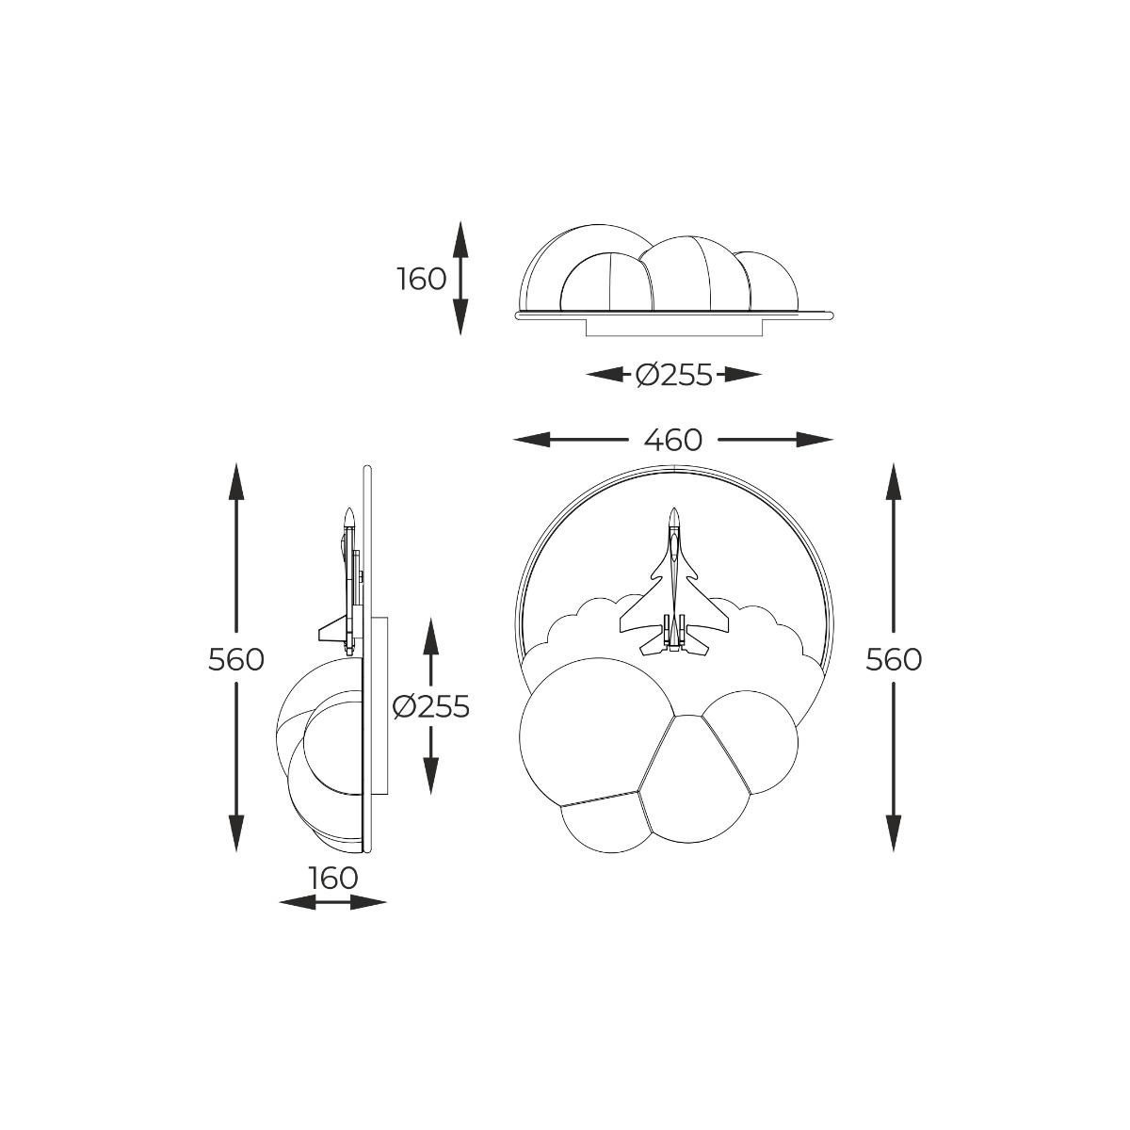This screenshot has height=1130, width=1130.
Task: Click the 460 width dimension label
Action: pos(672,439)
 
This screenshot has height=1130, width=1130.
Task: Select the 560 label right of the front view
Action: pos(893,660)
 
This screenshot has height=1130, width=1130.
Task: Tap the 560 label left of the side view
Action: pos(235,660)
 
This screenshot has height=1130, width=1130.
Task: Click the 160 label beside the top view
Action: pos(422,279)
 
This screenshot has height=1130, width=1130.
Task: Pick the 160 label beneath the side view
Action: pos(331,878)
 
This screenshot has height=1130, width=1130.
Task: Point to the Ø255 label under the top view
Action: pos(674,375)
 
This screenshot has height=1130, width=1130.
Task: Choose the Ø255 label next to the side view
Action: pos(431,706)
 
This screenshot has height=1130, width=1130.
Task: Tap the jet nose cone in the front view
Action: pos(674,516)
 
